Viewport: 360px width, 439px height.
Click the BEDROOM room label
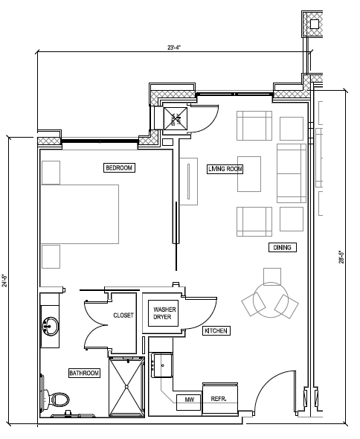[x=119, y=167]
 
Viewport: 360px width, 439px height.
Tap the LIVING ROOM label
[x=225, y=169]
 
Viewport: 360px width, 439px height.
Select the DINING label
[x=283, y=248]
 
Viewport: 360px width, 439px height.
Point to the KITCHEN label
[x=216, y=330]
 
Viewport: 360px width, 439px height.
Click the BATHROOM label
[x=84, y=373]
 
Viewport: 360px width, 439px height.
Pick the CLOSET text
[x=123, y=315]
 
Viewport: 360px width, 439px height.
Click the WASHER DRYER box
[x=163, y=313]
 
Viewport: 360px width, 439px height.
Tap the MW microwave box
[x=189, y=403]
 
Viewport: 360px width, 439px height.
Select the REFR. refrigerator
[x=220, y=399]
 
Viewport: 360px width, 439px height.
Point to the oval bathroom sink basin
[x=51, y=326]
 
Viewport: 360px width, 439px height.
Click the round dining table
[x=271, y=300]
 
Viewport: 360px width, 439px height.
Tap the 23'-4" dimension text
[x=174, y=48]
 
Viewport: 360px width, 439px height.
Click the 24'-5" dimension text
[x=4, y=281]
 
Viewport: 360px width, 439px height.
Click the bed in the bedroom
[x=80, y=214]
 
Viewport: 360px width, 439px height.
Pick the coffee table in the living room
[x=249, y=174]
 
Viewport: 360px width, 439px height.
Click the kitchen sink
[x=162, y=365]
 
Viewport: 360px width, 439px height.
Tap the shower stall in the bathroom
[x=126, y=387]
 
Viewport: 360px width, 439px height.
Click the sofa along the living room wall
[x=292, y=173]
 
